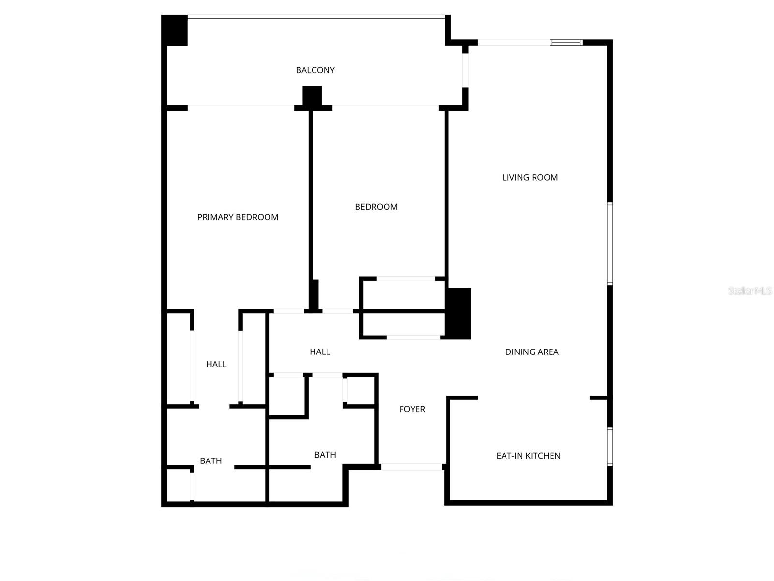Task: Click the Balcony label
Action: (x=315, y=70)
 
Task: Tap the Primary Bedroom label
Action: (x=238, y=217)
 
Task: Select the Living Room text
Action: (x=530, y=178)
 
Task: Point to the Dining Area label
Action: (x=532, y=352)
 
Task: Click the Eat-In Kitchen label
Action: (x=528, y=456)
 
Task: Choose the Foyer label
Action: (x=412, y=409)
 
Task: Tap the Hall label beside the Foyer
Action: (x=320, y=352)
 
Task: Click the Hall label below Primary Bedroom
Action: (x=216, y=364)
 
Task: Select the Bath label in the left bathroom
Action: (x=211, y=461)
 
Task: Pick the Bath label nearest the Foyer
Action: (x=325, y=455)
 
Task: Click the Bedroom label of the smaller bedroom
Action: (x=376, y=207)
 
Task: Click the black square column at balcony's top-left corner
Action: (x=174, y=30)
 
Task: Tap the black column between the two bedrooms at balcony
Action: (x=312, y=96)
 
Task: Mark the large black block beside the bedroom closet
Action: (x=458, y=313)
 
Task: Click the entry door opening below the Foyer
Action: (x=411, y=467)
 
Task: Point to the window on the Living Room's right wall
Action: (x=610, y=244)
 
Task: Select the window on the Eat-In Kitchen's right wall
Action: (x=610, y=446)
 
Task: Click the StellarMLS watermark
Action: (x=750, y=290)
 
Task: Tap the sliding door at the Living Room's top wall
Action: (x=530, y=43)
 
